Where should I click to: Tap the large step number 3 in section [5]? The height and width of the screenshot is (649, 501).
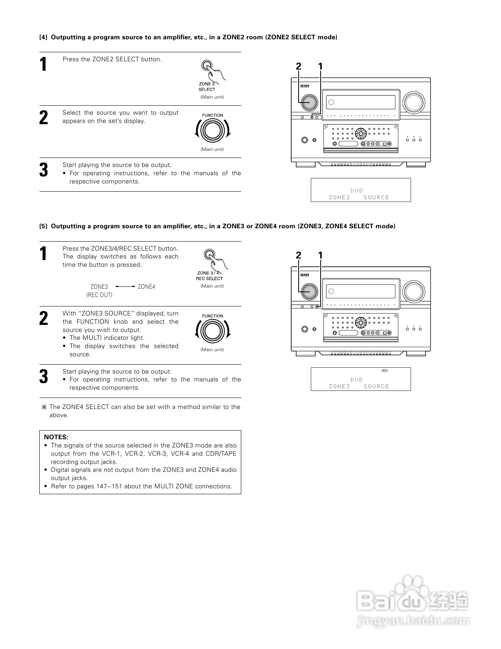pyautogui.click(x=44, y=376)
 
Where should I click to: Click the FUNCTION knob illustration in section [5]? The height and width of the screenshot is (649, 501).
pyautogui.click(x=212, y=331)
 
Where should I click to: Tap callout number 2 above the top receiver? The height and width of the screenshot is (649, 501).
pyautogui.click(x=299, y=66)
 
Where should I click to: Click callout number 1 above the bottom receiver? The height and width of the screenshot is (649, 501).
pyautogui.click(x=320, y=255)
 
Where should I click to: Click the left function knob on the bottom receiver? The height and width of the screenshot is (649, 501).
pyautogui.click(x=308, y=291)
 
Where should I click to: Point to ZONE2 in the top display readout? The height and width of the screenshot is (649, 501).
pyautogui.click(x=339, y=197)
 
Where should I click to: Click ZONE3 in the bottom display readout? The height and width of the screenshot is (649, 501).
pyautogui.click(x=339, y=386)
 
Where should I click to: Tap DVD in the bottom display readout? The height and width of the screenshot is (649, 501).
pyautogui.click(x=356, y=379)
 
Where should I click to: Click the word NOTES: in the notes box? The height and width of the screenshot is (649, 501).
pyautogui.click(x=56, y=437)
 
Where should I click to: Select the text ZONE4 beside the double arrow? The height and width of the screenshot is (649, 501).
pyautogui.click(x=147, y=287)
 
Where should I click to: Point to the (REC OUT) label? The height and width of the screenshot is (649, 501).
pyautogui.click(x=99, y=295)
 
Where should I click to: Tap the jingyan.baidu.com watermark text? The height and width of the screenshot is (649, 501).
pyautogui.click(x=413, y=621)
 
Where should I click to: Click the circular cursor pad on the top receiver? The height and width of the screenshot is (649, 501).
pyautogui.click(x=360, y=133)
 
